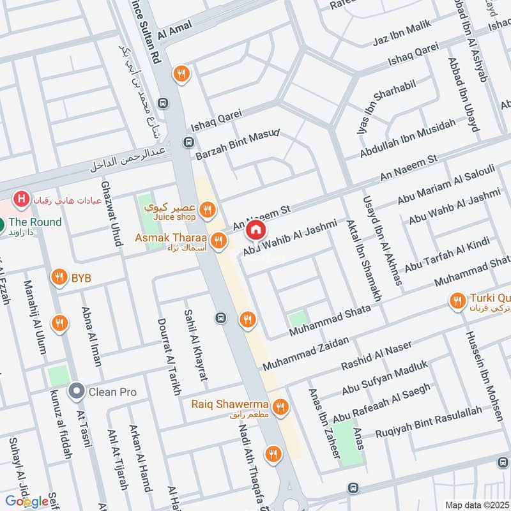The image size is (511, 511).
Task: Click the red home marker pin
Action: [x=256, y=229]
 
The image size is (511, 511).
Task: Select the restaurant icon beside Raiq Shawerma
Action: [x=279, y=406]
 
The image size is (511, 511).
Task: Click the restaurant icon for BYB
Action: [x=59, y=277]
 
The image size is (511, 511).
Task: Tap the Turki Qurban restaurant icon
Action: [x=457, y=301]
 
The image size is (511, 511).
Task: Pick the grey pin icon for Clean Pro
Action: [x=77, y=391]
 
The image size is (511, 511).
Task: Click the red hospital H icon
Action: [x=22, y=199]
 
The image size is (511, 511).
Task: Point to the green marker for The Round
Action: [x=2, y=224]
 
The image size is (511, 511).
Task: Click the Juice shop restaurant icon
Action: [x=206, y=209]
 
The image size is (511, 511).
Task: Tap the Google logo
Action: [x=27, y=501]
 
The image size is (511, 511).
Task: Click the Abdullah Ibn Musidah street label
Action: [x=408, y=139]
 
